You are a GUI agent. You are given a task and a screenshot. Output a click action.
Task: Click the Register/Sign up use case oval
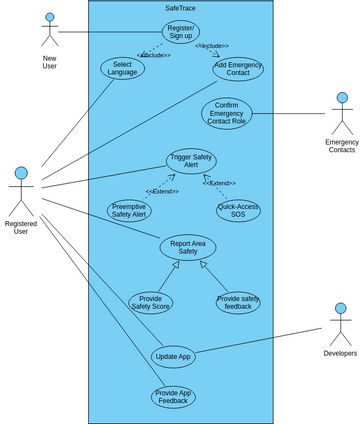coord(181,32)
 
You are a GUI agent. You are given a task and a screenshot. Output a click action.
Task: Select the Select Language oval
coord(122,68)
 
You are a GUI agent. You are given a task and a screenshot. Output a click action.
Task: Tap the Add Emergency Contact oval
coord(238,69)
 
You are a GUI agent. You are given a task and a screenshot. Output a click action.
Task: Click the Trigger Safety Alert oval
coord(190,161)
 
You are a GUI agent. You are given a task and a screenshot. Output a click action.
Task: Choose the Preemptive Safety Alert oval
coord(129,210)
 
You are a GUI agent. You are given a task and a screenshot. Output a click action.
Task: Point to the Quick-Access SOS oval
coord(238,211)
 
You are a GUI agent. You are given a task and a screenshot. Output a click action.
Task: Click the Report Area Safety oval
coord(187,246)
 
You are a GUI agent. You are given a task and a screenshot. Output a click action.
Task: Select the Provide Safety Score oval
coord(150,302)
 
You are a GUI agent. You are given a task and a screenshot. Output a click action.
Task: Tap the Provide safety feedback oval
coord(238,302)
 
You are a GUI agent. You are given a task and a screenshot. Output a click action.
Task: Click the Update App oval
coord(172,356)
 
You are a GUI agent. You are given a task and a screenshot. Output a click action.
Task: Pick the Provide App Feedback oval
coord(173,397)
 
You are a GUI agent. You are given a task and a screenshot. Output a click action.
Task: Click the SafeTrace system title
coord(180,8)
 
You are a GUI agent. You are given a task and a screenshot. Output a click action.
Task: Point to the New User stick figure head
coord(49,19)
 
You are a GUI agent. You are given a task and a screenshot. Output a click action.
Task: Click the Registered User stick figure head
coord(21,175)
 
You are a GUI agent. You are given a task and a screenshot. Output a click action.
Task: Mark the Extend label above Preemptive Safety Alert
coord(161,191)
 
